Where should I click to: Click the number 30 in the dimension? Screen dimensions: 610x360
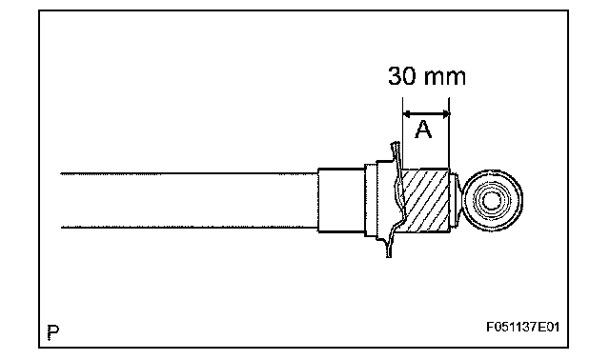[x=402, y=76]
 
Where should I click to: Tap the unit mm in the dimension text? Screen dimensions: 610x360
[x=445, y=78]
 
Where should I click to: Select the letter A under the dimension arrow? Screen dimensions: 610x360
[x=423, y=130]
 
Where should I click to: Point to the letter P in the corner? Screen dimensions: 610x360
[x=53, y=332]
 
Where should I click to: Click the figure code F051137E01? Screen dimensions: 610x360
[x=523, y=327]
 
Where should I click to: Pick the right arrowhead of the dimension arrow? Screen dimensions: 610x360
[x=445, y=114]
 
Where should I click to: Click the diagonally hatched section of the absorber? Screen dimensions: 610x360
[x=426, y=201]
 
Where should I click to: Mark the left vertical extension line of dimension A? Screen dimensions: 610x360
[x=402, y=133]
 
